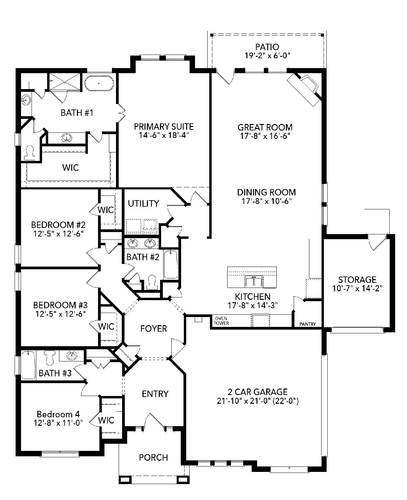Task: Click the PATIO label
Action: pyautogui.click(x=267, y=47)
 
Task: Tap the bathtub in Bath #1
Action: pyautogui.click(x=99, y=83)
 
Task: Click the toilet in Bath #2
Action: pyautogui.click(x=151, y=283)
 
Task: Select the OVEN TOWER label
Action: pyautogui.click(x=221, y=321)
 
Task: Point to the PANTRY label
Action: pyautogui.click(x=308, y=324)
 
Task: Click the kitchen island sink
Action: pyautogui.click(x=254, y=281)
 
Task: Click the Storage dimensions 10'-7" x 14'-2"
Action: pyautogui.click(x=357, y=288)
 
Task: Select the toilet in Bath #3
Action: pyautogui.click(x=50, y=358)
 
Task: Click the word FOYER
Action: pyautogui.click(x=153, y=329)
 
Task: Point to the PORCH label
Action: pyautogui.click(x=153, y=457)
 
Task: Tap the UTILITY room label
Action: pyautogui.click(x=143, y=204)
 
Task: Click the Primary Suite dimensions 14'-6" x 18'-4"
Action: pyautogui.click(x=164, y=136)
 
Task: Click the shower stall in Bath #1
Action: pyautogui.click(x=64, y=81)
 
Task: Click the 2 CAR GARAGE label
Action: pyautogui.click(x=257, y=392)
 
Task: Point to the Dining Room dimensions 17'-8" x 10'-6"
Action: pyautogui.click(x=267, y=201)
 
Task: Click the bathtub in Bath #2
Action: pyautogui.click(x=171, y=265)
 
